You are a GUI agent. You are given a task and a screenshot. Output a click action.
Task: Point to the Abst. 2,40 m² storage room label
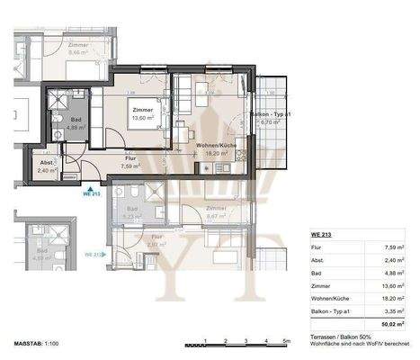(48, 166)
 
